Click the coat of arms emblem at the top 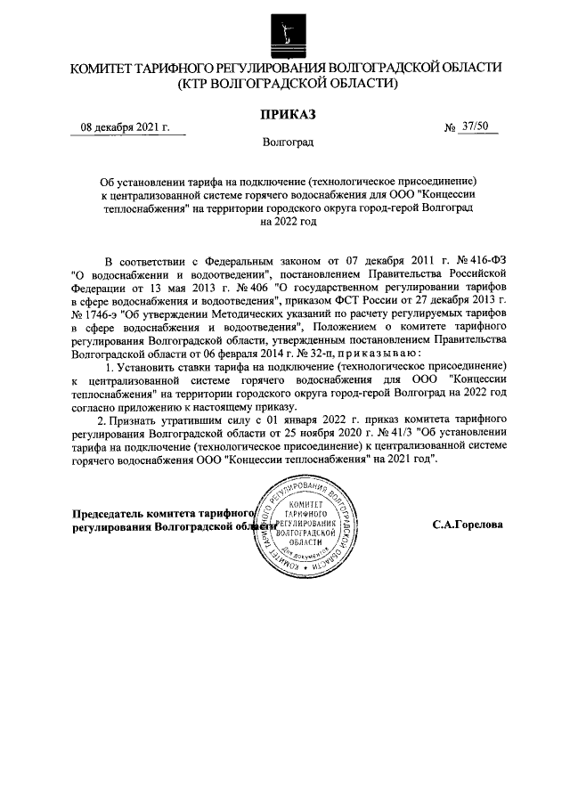285,33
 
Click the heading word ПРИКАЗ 287,113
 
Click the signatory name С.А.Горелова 468,525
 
